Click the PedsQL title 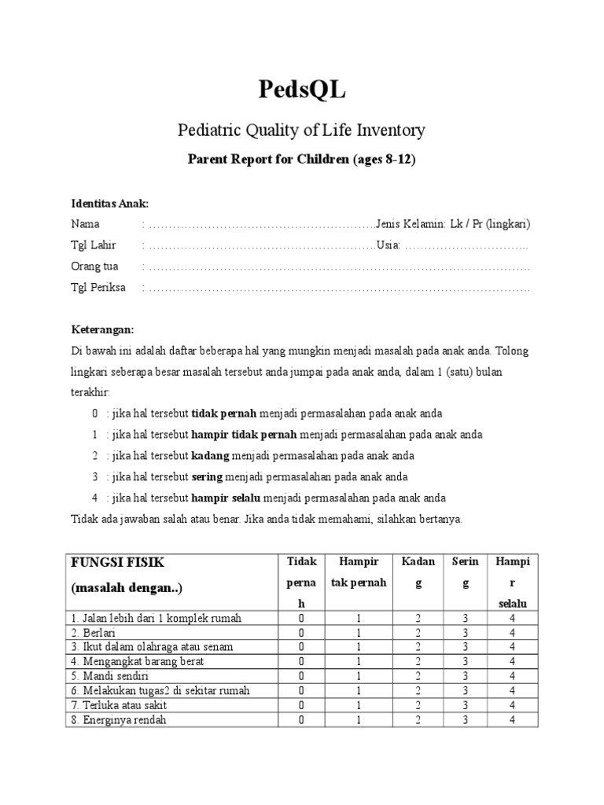302,90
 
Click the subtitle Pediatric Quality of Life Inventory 302,130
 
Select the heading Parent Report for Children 302,160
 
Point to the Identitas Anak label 109,203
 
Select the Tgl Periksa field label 98,288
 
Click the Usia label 388,245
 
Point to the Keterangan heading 103,329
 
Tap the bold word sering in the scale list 208,477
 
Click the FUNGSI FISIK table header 118,563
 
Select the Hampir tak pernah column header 358,572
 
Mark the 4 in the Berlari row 512,633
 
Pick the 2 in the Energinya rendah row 418,719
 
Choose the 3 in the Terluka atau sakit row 465,705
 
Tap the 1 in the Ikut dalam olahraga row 358,647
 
